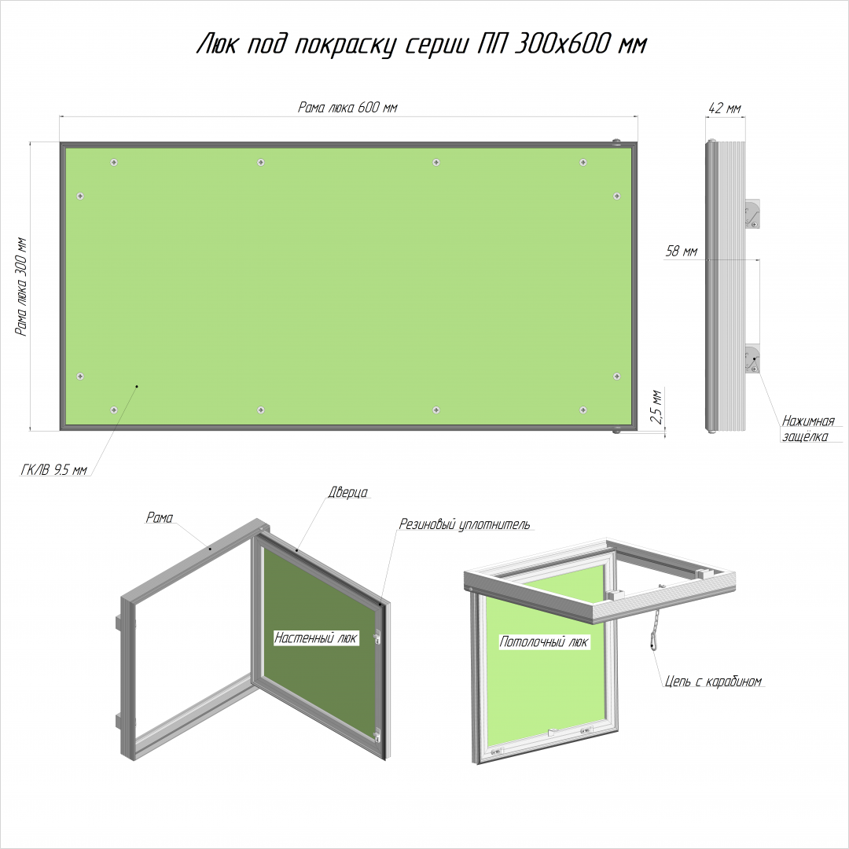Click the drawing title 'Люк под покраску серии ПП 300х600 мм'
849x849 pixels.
coord(422,44)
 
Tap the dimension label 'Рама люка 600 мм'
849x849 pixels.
coord(347,107)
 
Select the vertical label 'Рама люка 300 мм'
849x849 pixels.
coord(21,287)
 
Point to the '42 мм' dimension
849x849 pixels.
coord(725,108)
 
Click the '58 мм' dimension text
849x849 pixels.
coord(681,252)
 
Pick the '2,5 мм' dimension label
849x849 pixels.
coord(656,406)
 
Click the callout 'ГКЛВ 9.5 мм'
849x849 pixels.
coord(53,469)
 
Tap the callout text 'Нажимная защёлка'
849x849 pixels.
coord(808,428)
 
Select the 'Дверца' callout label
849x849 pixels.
coord(347,492)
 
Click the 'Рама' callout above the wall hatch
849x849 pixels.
coord(159,517)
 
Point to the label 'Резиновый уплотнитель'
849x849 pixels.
coord(465,524)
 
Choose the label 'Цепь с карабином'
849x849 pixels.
coord(713,681)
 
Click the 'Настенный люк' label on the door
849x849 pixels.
coord(316,638)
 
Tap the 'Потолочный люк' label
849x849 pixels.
coord(544,642)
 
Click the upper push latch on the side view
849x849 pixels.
coord(752,214)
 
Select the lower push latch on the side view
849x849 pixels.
coord(752,359)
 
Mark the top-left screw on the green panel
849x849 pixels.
coord(114,162)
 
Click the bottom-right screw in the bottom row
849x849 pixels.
coord(583,410)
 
